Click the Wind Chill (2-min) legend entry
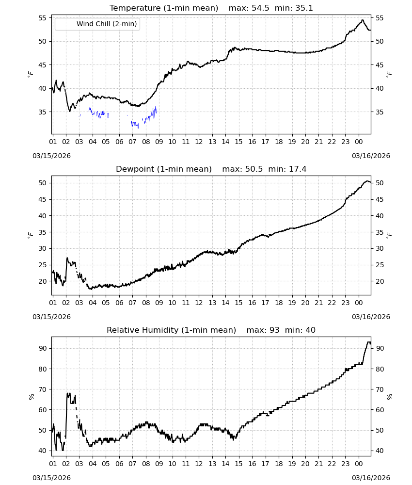[x=97, y=24]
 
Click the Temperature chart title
[x=211, y=8]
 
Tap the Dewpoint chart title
[x=211, y=169]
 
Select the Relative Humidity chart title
[x=211, y=330]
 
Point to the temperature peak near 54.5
[x=363, y=20]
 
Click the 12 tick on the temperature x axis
[x=199, y=142]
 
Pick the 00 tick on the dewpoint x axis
[x=359, y=303]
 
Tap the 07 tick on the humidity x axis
[x=132, y=464]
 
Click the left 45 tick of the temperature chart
[x=42, y=65]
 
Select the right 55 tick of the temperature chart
[x=380, y=18]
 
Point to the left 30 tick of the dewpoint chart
[x=42, y=248]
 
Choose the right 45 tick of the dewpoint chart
[x=380, y=199]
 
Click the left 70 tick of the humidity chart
[x=42, y=389]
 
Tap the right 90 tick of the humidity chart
[x=380, y=348]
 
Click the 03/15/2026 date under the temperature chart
[x=51, y=156]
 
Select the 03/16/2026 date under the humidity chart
[x=371, y=478]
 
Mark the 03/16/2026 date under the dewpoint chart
[x=371, y=317]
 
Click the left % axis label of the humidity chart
[x=31, y=397]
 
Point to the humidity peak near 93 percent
[x=368, y=342]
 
